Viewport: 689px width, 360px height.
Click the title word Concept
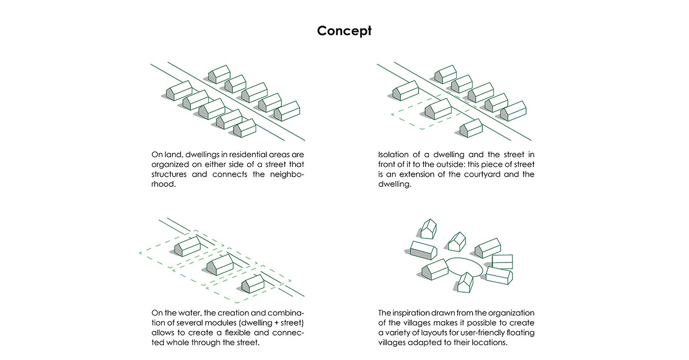[344, 31]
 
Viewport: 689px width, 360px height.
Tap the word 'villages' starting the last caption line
[392, 343]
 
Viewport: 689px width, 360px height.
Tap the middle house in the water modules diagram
[220, 265]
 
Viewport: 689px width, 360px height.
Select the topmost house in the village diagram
[428, 228]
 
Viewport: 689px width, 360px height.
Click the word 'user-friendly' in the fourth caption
[482, 332]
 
